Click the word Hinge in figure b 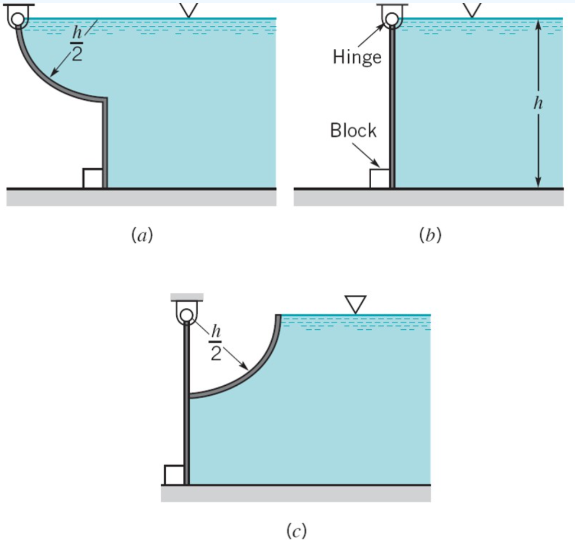[357, 57]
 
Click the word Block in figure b [353, 130]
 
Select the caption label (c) [296, 529]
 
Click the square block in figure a [92, 178]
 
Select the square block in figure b [379, 178]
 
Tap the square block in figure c [174, 474]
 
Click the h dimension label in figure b [538, 105]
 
